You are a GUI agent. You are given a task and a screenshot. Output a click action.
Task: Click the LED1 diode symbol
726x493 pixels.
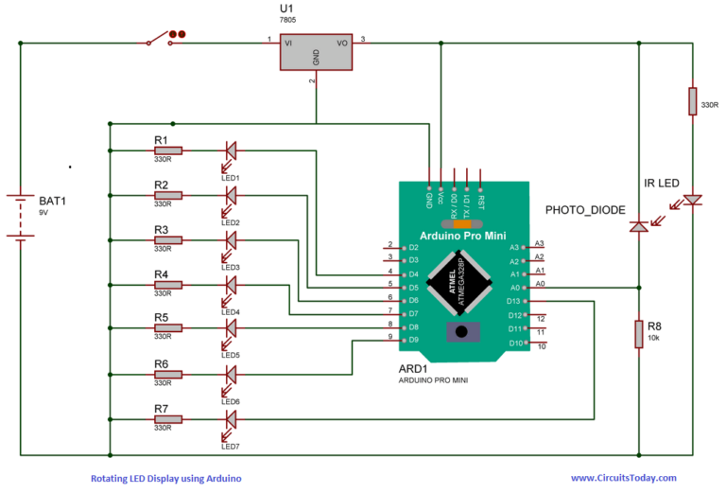click(229, 150)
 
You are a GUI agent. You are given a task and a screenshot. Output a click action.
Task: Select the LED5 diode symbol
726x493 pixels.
click(229, 328)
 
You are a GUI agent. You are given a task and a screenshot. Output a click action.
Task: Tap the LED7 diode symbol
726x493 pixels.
click(229, 418)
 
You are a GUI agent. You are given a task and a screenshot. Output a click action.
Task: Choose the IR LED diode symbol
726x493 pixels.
click(693, 201)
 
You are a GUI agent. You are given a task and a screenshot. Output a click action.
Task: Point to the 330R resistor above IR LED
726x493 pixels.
click(693, 100)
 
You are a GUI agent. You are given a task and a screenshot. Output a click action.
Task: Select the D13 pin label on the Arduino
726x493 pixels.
click(513, 301)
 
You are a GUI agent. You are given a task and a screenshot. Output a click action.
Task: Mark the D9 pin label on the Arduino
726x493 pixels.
click(411, 340)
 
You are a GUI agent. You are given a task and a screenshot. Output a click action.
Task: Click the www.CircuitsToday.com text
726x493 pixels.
click(623, 479)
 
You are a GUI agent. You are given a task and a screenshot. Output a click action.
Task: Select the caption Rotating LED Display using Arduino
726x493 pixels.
click(165, 479)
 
